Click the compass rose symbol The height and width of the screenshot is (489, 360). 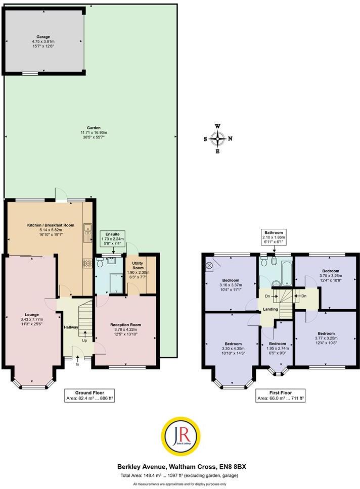point(217,137)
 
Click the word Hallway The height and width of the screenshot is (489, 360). point(70,327)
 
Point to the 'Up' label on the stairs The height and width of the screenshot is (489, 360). point(85,340)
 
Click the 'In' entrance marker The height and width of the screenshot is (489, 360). point(77,364)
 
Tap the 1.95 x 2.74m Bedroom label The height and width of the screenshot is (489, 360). point(276,348)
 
